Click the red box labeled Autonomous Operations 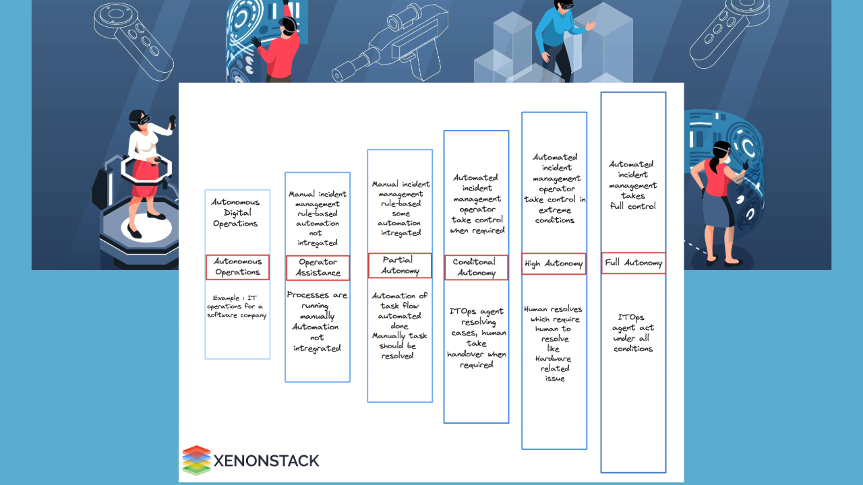(x=237, y=267)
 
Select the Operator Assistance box (x=318, y=268)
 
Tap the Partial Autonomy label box (x=400, y=265)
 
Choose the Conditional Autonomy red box (x=476, y=267)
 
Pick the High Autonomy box (x=554, y=264)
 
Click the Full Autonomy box (x=633, y=263)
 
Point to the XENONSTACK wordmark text (x=266, y=461)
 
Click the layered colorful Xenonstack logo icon (x=196, y=460)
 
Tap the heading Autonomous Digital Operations (x=235, y=213)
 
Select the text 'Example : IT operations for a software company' (x=237, y=306)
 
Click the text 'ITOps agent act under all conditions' (x=633, y=333)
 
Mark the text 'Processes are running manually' (x=317, y=305)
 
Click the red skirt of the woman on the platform (x=144, y=180)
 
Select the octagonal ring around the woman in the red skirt (x=146, y=169)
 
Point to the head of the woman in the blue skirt (x=719, y=153)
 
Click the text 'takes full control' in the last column (x=632, y=201)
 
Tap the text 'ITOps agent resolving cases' (x=477, y=322)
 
